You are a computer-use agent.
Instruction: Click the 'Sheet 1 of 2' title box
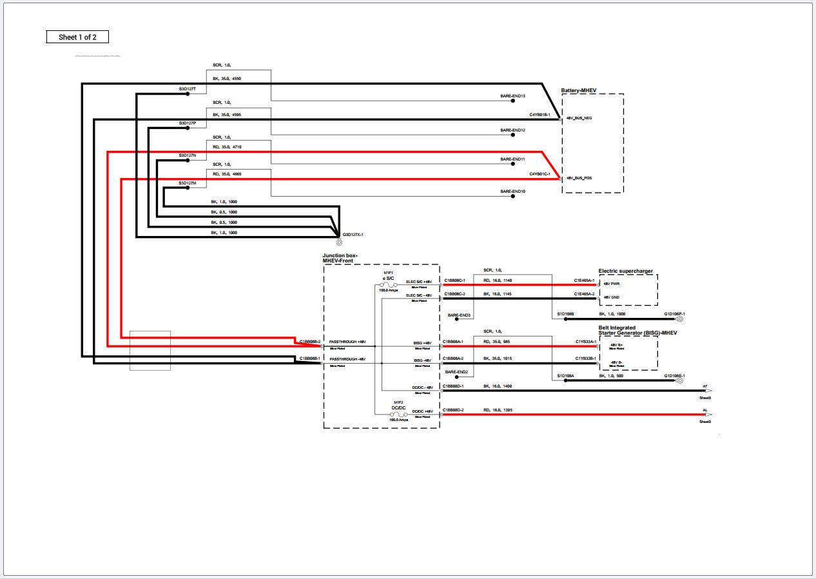point(77,37)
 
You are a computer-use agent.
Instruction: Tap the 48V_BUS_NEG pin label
point(579,119)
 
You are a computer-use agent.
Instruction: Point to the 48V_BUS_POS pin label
point(579,178)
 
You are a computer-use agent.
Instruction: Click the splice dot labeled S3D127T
point(188,93)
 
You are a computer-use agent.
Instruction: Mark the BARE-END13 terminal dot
point(513,101)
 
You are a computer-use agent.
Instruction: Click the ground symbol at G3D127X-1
point(339,242)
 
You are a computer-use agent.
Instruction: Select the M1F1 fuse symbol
point(389,284)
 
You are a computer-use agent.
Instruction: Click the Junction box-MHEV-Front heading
point(340,258)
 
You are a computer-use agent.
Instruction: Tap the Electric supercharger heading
point(625,271)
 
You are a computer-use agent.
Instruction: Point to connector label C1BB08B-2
point(309,341)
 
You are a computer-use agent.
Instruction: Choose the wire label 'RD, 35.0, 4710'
point(227,147)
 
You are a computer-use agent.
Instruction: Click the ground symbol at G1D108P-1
point(679,319)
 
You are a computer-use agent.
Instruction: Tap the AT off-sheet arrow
point(708,390)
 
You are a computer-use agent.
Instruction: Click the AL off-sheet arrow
point(708,414)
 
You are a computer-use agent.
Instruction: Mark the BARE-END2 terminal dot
point(457,378)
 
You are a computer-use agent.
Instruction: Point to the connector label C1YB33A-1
point(585,341)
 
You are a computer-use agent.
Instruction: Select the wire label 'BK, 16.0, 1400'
point(498,386)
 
